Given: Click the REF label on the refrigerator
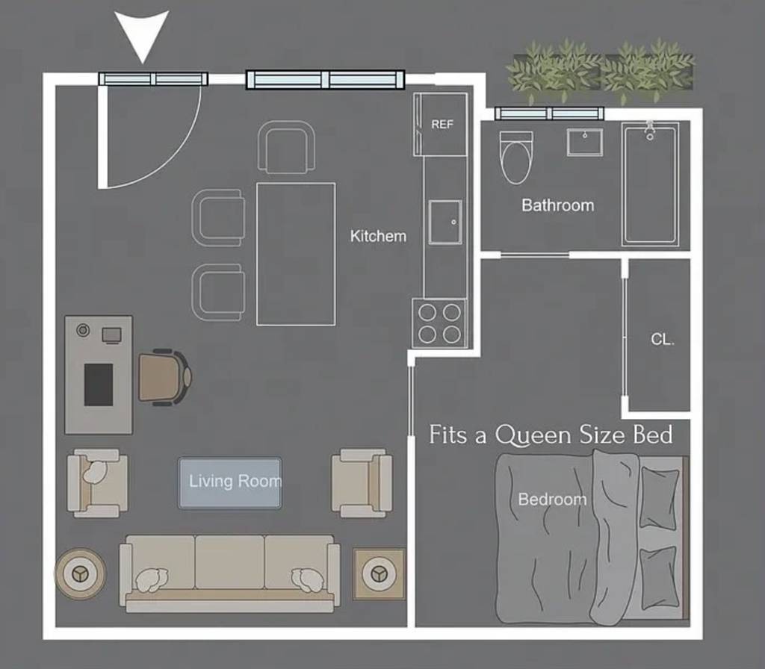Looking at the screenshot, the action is point(442,125).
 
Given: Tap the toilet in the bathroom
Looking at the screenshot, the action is point(516,157).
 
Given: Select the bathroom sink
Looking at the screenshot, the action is point(584,143).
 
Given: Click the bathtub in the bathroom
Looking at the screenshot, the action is point(651,184).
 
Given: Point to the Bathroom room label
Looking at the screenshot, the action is point(557,205).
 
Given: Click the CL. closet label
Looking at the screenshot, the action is point(662,339).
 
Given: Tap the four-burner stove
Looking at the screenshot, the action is point(439,323).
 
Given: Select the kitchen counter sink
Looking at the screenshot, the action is point(445,222).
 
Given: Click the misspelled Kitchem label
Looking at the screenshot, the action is point(378,236).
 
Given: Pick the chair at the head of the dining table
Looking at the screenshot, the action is point(286,147).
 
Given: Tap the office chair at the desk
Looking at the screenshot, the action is point(165,377).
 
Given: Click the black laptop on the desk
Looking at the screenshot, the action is point(99,385).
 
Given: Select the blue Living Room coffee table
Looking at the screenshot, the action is point(230,483).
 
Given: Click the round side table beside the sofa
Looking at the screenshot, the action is point(80,573).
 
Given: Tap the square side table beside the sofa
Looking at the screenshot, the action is point(379,574).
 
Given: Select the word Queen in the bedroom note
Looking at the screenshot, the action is point(533,435).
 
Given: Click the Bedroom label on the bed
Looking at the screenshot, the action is point(552,500).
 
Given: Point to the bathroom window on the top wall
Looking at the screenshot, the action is point(549,113).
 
